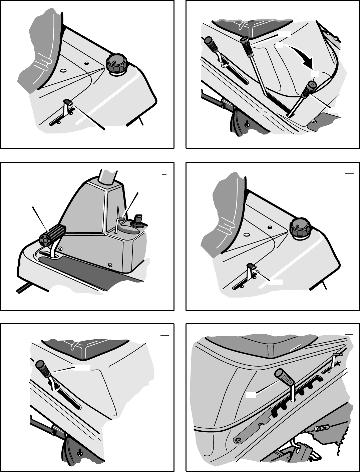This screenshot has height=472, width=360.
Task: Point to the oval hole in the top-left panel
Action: point(62,71)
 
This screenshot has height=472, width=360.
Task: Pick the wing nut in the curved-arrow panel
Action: point(247,124)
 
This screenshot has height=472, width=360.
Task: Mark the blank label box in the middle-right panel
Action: point(275,282)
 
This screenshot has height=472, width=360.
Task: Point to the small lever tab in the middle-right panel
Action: point(252,266)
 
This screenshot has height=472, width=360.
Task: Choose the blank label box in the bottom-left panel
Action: point(81,367)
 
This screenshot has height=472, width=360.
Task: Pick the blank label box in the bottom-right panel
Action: point(251,395)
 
